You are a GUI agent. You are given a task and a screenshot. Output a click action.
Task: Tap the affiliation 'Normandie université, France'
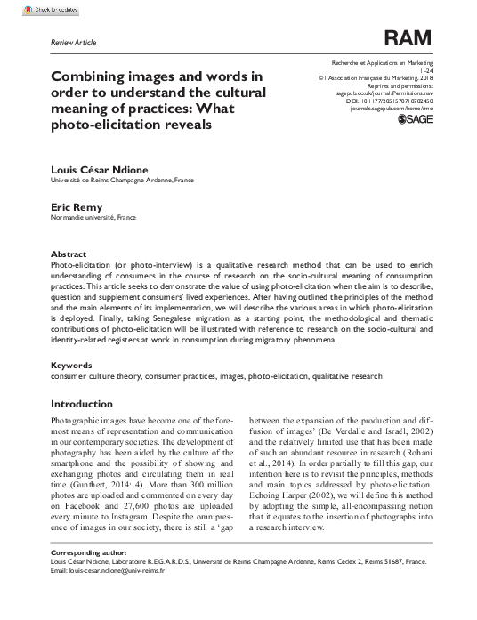[93, 216]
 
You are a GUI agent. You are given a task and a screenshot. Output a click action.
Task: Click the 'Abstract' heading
[69, 254]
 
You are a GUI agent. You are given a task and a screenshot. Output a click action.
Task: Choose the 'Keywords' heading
[72, 366]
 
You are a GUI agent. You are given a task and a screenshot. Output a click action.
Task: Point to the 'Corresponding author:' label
[93, 553]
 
